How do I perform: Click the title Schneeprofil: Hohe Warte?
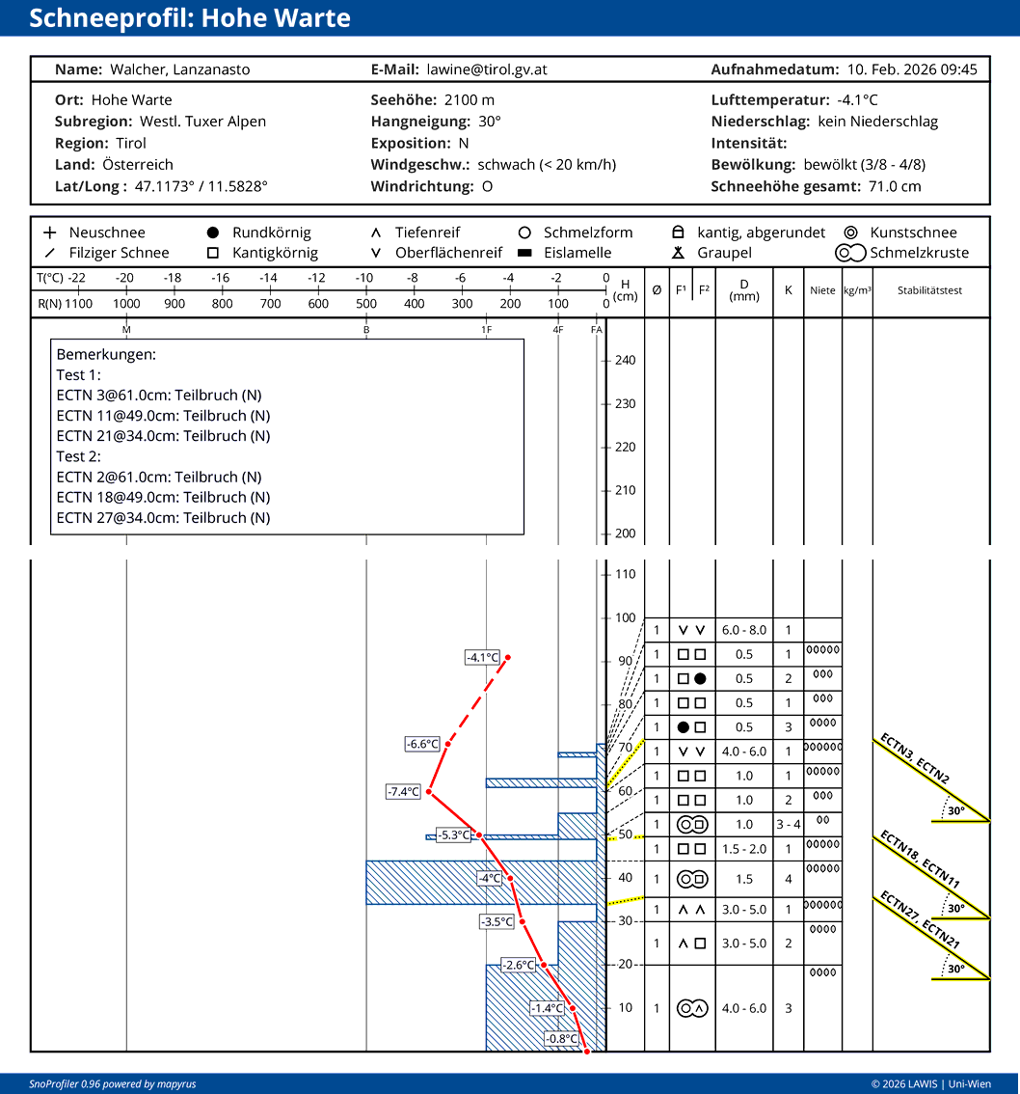190,18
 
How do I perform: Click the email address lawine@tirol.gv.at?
487,69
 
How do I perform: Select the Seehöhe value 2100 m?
470,100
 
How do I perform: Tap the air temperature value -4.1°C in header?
857,100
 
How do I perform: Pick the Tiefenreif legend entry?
427,232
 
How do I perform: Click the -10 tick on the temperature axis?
364,279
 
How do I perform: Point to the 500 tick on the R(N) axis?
366,304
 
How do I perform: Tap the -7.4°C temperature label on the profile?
404,792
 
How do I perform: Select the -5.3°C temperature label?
453,834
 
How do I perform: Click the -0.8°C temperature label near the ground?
561,1039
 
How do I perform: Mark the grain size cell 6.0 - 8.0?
744,630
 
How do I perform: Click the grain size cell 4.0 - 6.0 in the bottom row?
744,1008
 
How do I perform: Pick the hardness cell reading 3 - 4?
788,825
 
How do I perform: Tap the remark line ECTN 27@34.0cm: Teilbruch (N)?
163,518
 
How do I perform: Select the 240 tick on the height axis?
625,361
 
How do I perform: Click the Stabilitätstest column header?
930,290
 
